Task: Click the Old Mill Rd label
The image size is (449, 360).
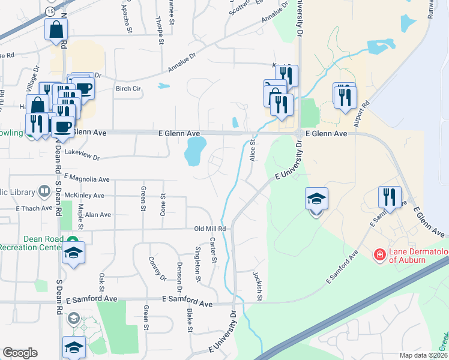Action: point(209,229)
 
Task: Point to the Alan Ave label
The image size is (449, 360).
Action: point(98,215)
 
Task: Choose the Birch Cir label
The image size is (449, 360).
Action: point(128,89)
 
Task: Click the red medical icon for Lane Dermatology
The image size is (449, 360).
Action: point(379,255)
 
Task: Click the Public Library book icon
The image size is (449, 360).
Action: point(44,191)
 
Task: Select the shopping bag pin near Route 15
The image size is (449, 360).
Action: point(56,29)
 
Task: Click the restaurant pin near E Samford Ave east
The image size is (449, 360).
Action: point(389,196)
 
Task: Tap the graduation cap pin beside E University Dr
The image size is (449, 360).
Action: point(317,198)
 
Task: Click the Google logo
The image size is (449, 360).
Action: point(20,353)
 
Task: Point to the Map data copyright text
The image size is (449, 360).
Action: point(424,355)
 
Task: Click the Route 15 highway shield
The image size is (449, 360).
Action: point(50,11)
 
